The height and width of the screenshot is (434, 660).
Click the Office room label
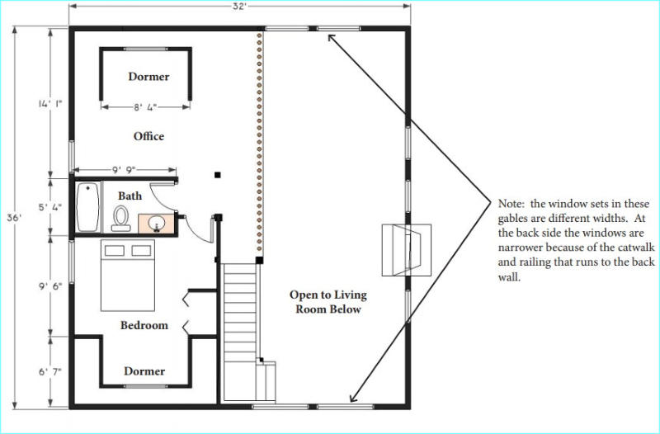tap(148, 136)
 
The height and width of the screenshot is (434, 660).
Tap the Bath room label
tap(130, 196)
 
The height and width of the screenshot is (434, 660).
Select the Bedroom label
tap(144, 325)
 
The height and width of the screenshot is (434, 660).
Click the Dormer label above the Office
tap(148, 77)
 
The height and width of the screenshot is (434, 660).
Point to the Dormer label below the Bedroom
tap(144, 371)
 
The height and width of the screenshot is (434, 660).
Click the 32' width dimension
tap(239, 7)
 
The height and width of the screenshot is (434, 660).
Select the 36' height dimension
tap(14, 218)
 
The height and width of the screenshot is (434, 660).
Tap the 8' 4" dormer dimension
tap(145, 107)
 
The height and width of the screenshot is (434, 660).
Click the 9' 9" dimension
tap(124, 170)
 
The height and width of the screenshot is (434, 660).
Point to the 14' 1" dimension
tap(50, 104)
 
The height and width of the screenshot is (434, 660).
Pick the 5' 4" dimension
tap(50, 207)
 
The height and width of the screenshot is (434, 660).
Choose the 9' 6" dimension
tap(50, 285)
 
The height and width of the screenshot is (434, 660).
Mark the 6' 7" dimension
tap(50, 371)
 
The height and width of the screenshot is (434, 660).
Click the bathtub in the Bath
tap(88, 207)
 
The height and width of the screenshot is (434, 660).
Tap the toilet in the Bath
tap(120, 218)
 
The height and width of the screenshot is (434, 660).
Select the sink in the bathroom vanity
tap(157, 223)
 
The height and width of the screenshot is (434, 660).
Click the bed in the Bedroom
tap(128, 276)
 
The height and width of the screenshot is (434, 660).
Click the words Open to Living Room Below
tap(328, 302)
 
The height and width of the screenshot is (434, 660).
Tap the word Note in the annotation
tap(511, 204)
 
